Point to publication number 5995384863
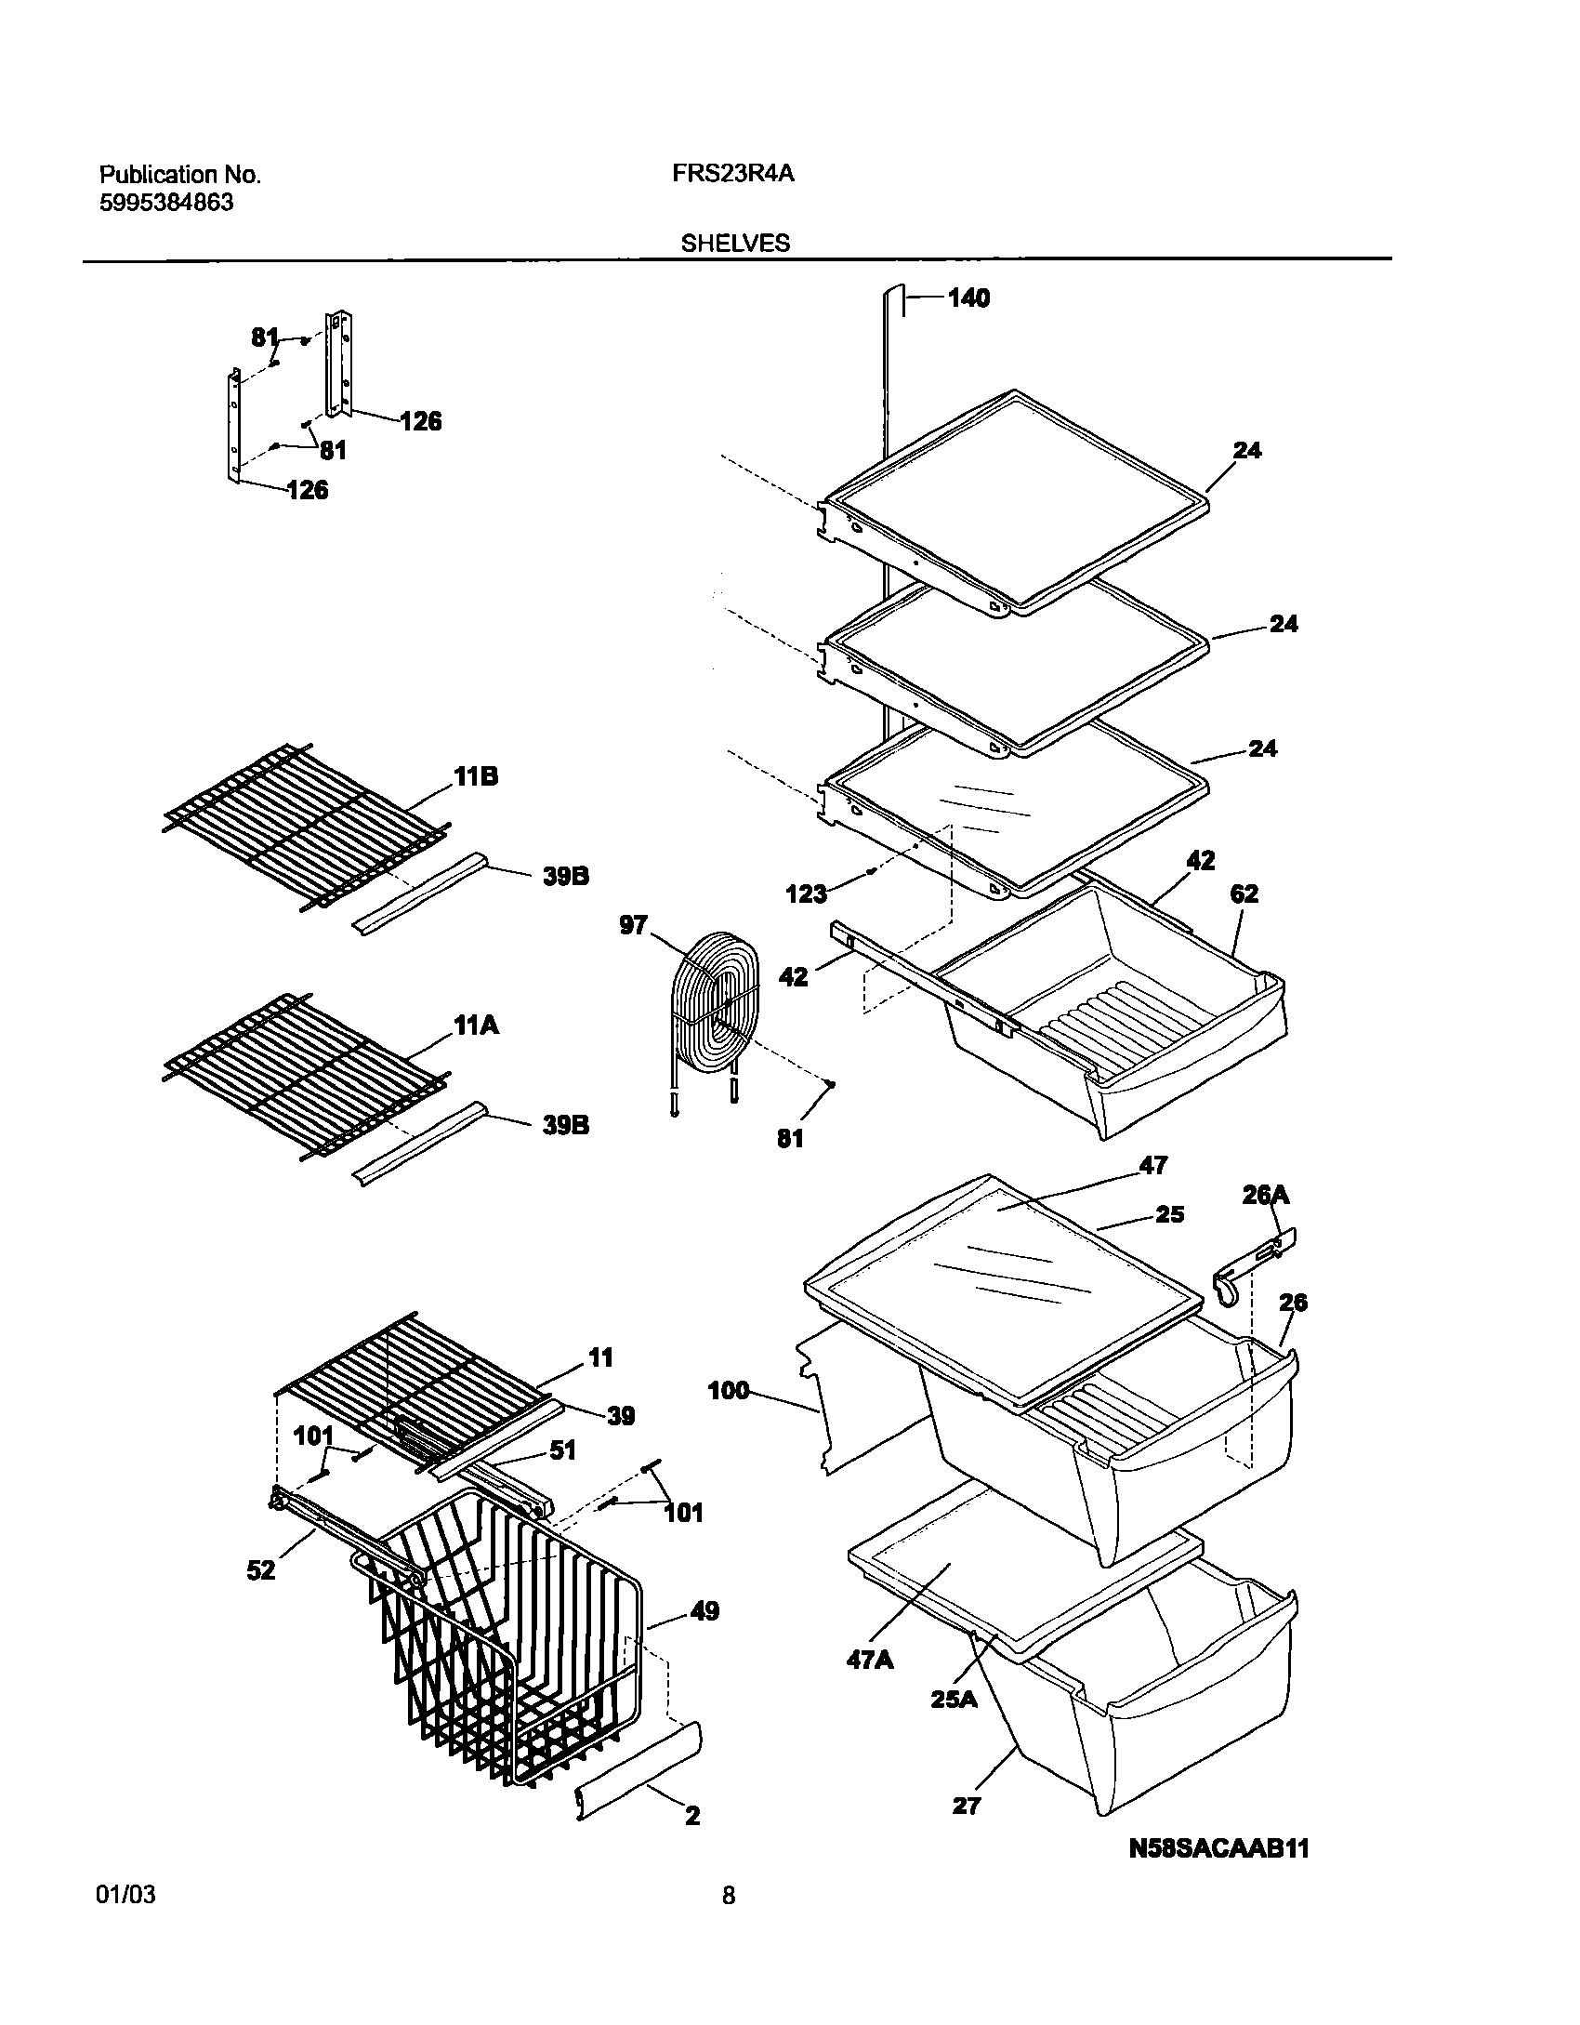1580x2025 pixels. click(166, 204)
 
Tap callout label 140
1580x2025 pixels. click(968, 298)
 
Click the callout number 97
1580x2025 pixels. click(633, 925)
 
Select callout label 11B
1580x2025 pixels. click(476, 776)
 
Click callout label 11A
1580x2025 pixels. click(476, 1026)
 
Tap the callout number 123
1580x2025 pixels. click(806, 893)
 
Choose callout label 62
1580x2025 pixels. click(1244, 893)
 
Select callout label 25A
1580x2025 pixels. click(955, 1699)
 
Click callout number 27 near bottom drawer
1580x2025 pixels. click(967, 1806)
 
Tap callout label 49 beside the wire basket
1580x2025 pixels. click(705, 1610)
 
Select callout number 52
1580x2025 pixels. click(261, 1569)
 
